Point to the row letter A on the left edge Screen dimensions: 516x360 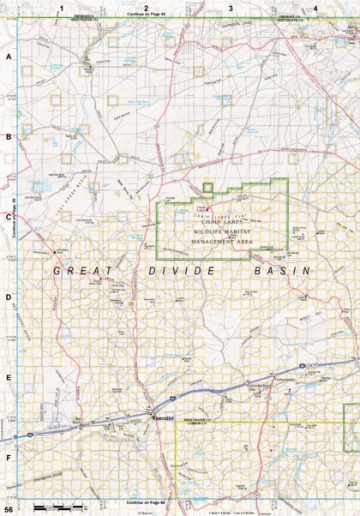click(x=9, y=57)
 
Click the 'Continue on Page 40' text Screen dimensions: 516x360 click(x=146, y=15)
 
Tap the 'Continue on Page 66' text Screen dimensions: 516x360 click(x=146, y=501)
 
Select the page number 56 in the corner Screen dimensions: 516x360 click(x=8, y=510)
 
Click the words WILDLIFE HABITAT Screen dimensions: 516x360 click(x=222, y=232)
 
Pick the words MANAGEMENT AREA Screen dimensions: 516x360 click(x=222, y=243)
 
